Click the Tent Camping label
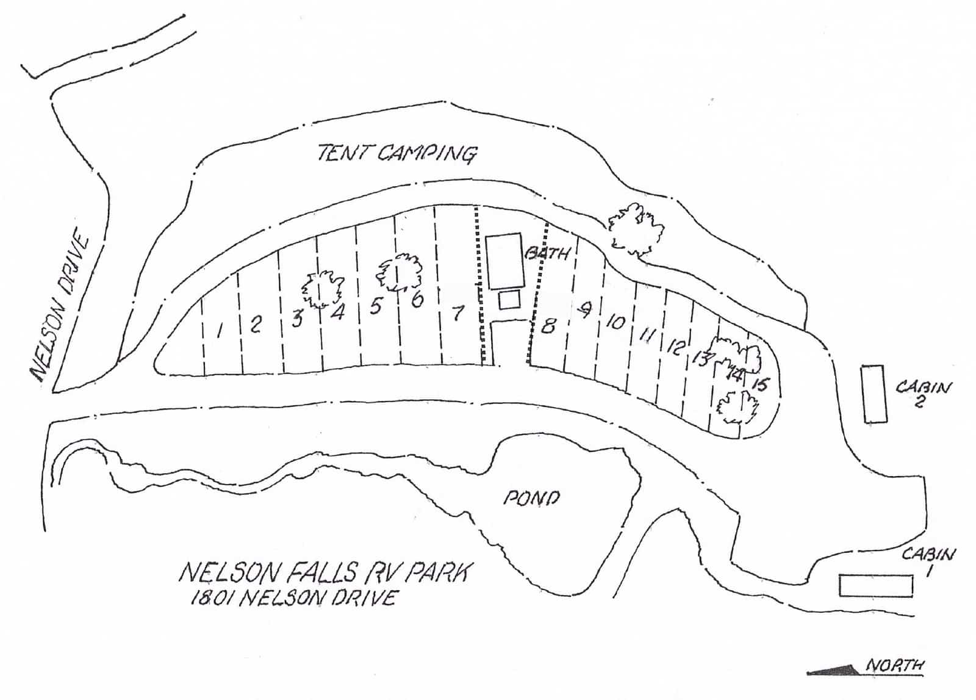396,153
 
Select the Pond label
531,498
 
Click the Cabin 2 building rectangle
874,394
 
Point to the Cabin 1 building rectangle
876,585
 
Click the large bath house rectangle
504,261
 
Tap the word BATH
548,252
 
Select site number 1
220,330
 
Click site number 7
457,313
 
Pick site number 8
548,326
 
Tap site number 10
616,322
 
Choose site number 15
760,384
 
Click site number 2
256,324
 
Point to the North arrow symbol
833,670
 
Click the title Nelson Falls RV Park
325,572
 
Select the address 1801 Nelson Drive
293,597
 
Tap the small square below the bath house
509,300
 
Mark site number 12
675,347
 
